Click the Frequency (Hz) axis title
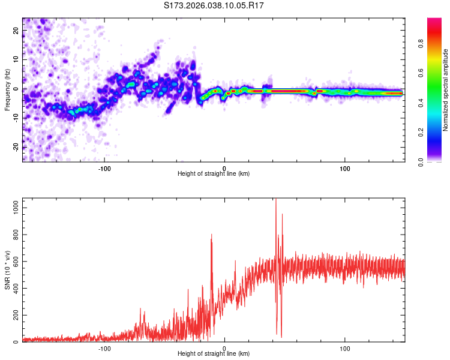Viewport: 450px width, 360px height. [7, 89]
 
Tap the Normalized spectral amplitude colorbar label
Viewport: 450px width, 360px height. [445, 90]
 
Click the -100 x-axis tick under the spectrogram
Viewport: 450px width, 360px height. [104, 167]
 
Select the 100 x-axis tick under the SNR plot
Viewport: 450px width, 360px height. [345, 348]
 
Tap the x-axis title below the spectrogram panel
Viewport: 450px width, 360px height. [214, 173]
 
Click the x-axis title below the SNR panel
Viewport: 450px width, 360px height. [214, 354]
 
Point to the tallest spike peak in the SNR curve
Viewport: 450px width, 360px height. [276, 200]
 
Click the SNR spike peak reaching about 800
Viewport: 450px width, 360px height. [212, 235]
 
